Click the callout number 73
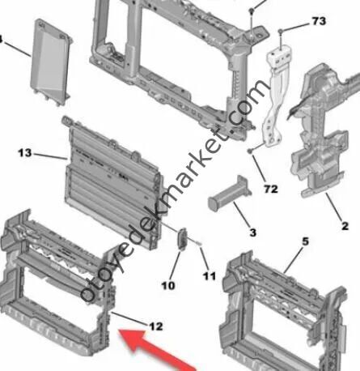[x=319, y=21]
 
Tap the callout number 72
[x=271, y=189]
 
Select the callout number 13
[x=25, y=153]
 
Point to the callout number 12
[x=156, y=326]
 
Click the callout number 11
[x=210, y=276]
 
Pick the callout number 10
[x=168, y=285]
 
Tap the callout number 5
[x=305, y=241]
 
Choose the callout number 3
[x=252, y=232]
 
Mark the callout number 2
[x=345, y=226]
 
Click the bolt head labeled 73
[x=281, y=32]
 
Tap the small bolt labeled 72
[x=250, y=151]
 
